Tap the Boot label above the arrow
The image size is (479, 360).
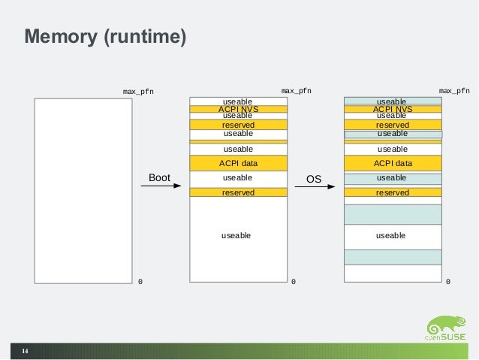tap(160, 178)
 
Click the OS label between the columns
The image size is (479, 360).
tap(314, 179)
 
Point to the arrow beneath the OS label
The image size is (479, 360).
tap(314, 187)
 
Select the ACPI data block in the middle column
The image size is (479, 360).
tap(238, 163)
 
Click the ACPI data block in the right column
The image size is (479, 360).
tap(393, 163)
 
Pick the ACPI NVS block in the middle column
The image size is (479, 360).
tap(238, 109)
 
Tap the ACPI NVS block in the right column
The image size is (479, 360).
tap(393, 109)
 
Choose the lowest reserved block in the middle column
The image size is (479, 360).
tap(238, 192)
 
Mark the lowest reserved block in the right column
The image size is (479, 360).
tap(393, 192)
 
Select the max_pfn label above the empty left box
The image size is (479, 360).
tap(138, 92)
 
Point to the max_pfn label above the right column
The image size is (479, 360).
tap(454, 91)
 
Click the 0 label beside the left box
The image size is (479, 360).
tap(140, 282)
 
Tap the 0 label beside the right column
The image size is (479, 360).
tap(448, 282)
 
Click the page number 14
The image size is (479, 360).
tap(25, 351)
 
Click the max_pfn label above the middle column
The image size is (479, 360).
tap(296, 91)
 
